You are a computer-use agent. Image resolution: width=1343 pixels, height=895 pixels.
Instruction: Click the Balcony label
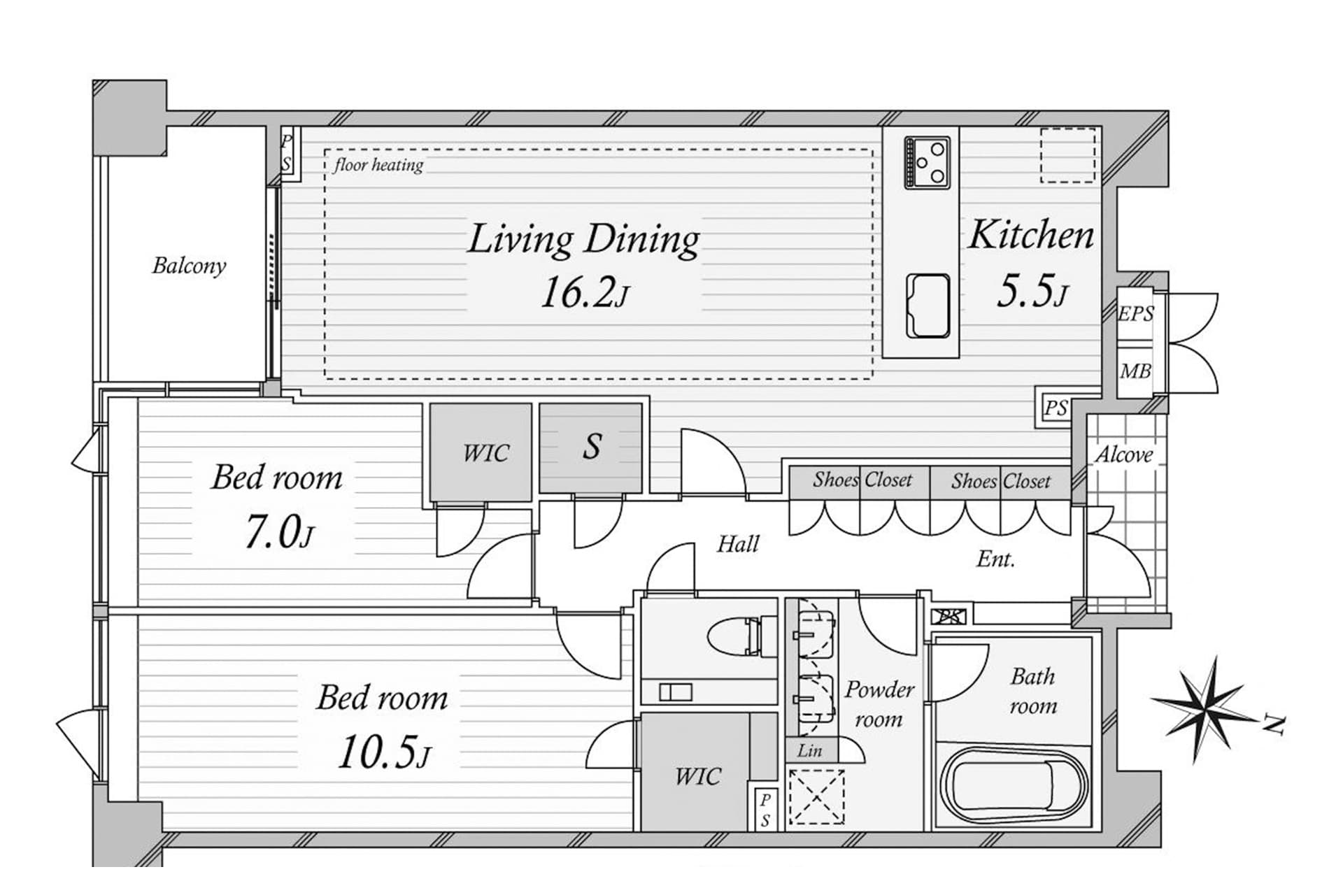click(190, 266)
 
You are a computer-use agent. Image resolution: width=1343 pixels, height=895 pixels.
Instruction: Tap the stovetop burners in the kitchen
click(928, 162)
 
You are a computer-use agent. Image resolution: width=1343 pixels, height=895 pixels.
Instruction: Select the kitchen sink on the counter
click(928, 306)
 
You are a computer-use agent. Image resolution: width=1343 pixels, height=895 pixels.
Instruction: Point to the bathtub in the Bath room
click(1014, 786)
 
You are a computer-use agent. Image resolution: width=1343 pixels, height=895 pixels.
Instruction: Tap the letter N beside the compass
click(1274, 725)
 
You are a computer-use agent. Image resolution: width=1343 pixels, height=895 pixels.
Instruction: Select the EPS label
click(1135, 313)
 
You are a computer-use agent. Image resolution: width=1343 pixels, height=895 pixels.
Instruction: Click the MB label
click(1135, 371)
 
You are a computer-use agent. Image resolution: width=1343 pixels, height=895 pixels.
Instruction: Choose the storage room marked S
click(591, 447)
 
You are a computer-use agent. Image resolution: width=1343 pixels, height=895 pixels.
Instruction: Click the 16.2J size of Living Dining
click(584, 292)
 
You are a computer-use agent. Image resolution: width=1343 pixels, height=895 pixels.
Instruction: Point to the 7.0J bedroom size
click(279, 532)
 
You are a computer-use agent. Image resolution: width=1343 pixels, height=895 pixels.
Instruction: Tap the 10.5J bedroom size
click(383, 752)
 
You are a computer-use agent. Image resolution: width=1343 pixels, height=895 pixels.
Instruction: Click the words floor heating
click(378, 165)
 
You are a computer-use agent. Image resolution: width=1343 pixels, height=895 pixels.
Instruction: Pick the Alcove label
click(1123, 455)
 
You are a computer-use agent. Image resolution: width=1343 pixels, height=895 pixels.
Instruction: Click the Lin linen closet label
click(809, 750)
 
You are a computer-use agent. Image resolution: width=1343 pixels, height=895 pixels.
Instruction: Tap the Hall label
click(738, 544)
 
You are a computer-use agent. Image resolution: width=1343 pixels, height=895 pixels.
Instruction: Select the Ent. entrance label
click(995, 559)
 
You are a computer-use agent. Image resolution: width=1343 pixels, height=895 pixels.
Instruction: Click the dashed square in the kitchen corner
click(1067, 155)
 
